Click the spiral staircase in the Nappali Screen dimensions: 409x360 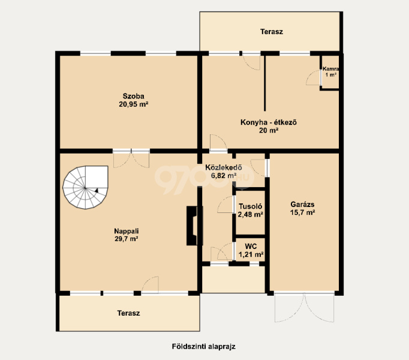pyautogui.click(x=85, y=187)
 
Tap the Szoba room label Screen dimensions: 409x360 pyautogui.click(x=134, y=96)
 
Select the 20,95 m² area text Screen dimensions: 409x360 pyautogui.click(x=134, y=104)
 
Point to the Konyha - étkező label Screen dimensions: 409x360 pyautogui.click(x=269, y=122)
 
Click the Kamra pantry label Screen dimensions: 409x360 pyautogui.click(x=331, y=69)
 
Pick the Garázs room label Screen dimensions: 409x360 pyautogui.click(x=302, y=204)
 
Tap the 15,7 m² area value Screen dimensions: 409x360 pyautogui.click(x=302, y=212)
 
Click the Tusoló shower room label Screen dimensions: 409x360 pyautogui.click(x=250, y=206)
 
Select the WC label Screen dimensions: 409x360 pyautogui.click(x=251, y=246)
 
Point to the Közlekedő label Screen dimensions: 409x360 pyautogui.click(x=224, y=167)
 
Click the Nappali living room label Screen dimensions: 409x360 pyautogui.click(x=127, y=231)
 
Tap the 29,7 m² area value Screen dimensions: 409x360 pyautogui.click(x=127, y=239)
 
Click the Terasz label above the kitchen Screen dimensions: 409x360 pyautogui.click(x=272, y=32)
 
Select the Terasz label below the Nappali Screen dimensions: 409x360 pyautogui.click(x=128, y=313)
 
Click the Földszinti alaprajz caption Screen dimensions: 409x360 pyautogui.click(x=204, y=346)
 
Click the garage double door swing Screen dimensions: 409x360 pyautogui.click(x=304, y=307)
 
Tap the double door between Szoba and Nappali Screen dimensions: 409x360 pyautogui.click(x=131, y=158)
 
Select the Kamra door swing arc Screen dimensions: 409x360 pyautogui.click(x=313, y=78)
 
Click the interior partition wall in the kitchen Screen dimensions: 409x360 pyautogui.click(x=264, y=83)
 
